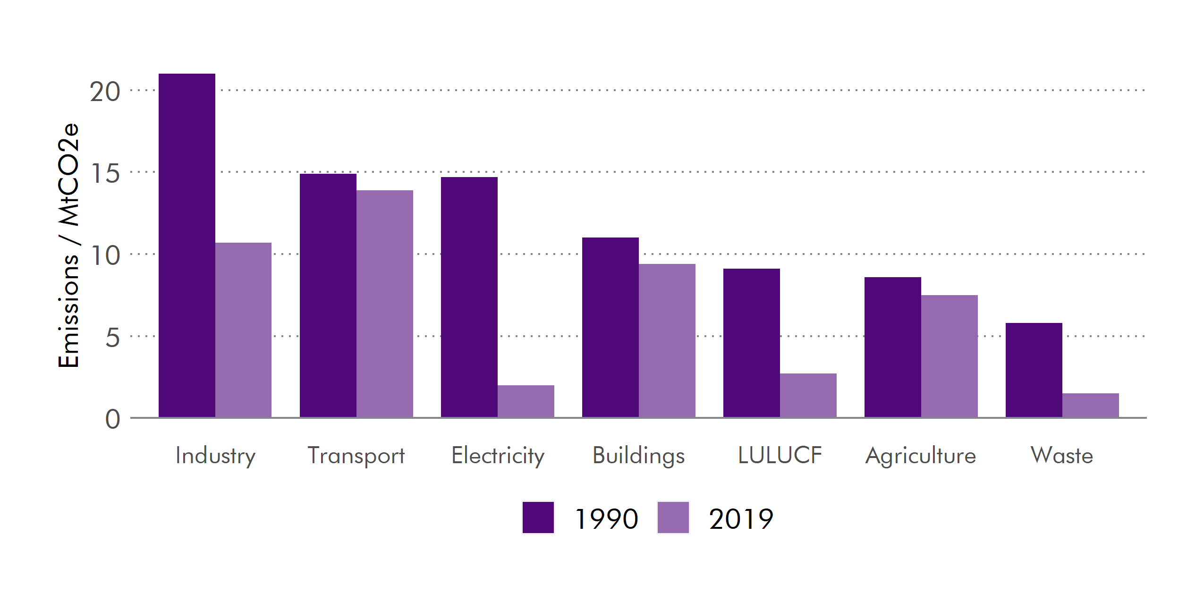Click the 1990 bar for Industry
pyautogui.click(x=187, y=246)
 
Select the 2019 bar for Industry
pyautogui.click(x=243, y=330)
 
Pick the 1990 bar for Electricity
pyautogui.click(x=469, y=297)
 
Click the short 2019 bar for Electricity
pyautogui.click(x=526, y=401)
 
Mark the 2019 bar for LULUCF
pyautogui.click(x=808, y=395)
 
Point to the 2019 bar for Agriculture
pyautogui.click(x=949, y=356)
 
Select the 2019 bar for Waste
pyautogui.click(x=1090, y=405)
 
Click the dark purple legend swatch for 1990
pyautogui.click(x=538, y=517)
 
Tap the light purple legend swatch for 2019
pyautogui.click(x=673, y=517)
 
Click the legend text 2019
pyautogui.click(x=741, y=519)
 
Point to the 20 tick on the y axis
pyautogui.click(x=105, y=92)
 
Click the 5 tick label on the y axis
pyautogui.click(x=112, y=338)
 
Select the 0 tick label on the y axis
pyautogui.click(x=112, y=419)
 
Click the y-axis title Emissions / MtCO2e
pyautogui.click(x=68, y=246)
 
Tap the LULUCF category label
pyautogui.click(x=780, y=455)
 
